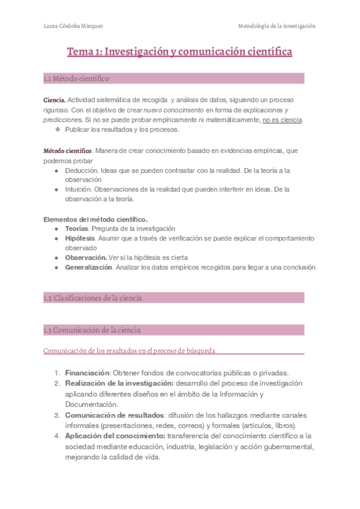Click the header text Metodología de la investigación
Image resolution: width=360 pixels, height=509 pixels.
click(x=277, y=26)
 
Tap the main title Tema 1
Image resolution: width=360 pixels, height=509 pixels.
click(x=179, y=52)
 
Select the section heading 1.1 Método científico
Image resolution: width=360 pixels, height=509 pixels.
click(x=76, y=79)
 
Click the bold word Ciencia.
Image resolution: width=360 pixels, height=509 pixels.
click(x=54, y=100)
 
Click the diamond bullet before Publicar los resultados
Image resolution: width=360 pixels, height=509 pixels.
click(x=58, y=130)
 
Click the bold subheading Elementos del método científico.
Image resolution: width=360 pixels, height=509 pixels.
click(x=95, y=218)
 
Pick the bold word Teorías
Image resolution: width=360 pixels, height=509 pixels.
click(x=77, y=229)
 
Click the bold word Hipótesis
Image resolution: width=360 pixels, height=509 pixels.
click(x=80, y=238)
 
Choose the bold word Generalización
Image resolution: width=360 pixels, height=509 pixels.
click(x=89, y=267)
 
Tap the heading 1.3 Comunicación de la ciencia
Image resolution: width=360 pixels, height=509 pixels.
click(x=92, y=330)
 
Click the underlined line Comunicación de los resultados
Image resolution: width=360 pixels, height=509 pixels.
click(x=129, y=351)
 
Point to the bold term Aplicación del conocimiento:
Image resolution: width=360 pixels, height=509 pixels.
click(x=115, y=436)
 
